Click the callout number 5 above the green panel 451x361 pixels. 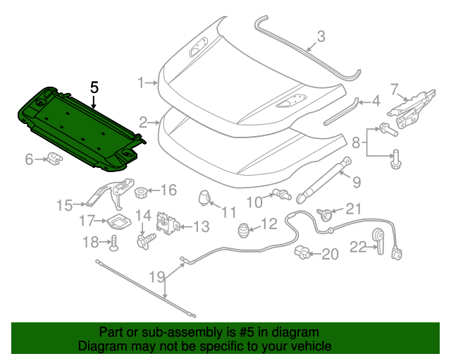pyautogui.click(x=94, y=87)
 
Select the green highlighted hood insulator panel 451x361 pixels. pyautogui.click(x=78, y=127)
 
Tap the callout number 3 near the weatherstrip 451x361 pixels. pyautogui.click(x=321, y=36)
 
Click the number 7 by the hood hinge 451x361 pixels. pyautogui.click(x=395, y=87)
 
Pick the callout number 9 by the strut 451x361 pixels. pyautogui.click(x=356, y=182)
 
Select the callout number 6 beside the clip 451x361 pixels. pyautogui.click(x=30, y=160)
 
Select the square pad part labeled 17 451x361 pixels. pyautogui.click(x=118, y=221)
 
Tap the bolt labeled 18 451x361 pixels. pyautogui.click(x=113, y=244)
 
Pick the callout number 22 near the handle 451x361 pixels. pyautogui.click(x=357, y=247)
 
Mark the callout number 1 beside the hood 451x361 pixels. pyautogui.click(x=141, y=82)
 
